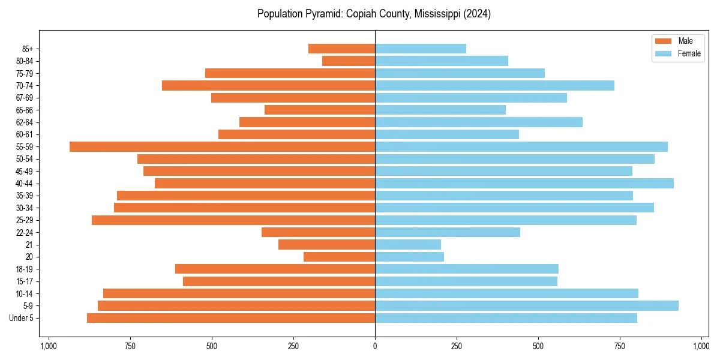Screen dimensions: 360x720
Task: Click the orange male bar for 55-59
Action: click(x=222, y=147)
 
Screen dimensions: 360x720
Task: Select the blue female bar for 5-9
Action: click(x=527, y=306)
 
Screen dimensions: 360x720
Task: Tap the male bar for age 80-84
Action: click(x=349, y=61)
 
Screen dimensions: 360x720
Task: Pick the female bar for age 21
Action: click(x=408, y=245)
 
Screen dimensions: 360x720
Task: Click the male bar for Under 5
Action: click(x=231, y=318)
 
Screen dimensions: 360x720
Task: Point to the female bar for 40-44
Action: click(x=524, y=184)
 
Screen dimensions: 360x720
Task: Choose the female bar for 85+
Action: click(x=421, y=49)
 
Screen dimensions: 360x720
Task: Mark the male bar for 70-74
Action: click(x=268, y=86)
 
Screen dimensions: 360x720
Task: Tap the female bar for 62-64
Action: click(x=479, y=122)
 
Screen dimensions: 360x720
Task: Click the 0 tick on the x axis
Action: click(x=375, y=346)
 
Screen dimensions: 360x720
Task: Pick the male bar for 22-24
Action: click(x=318, y=232)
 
